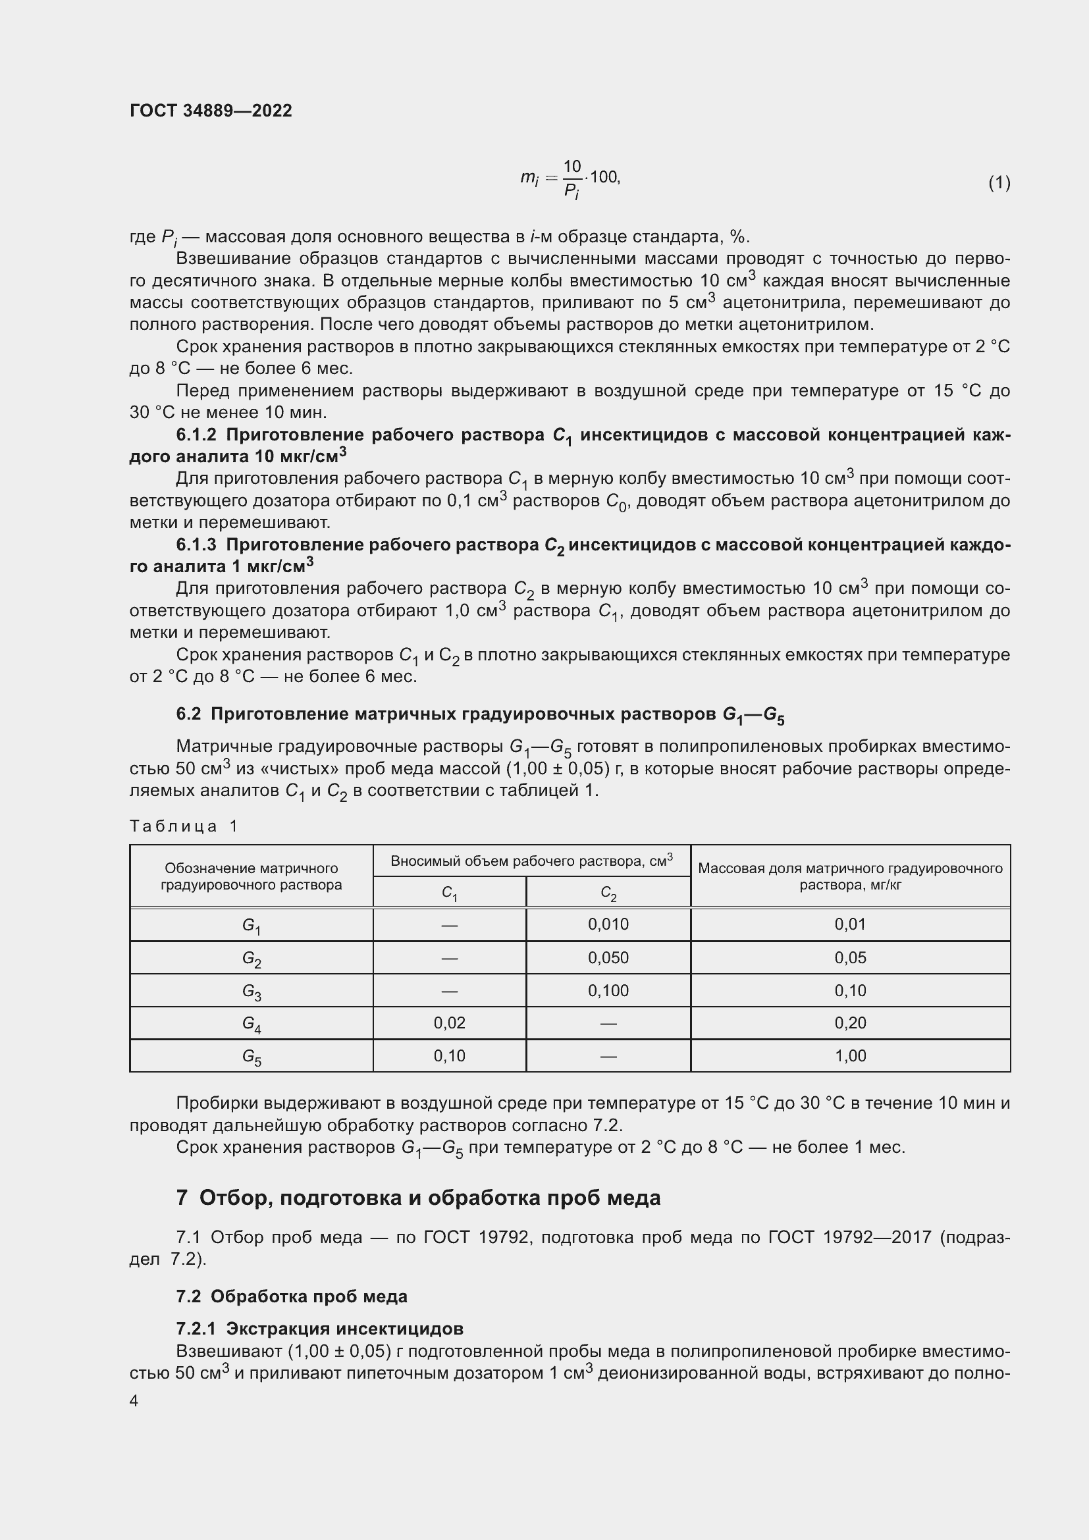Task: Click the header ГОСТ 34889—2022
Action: point(211,111)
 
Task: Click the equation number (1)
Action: point(999,182)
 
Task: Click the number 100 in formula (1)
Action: point(604,177)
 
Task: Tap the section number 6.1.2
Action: point(196,435)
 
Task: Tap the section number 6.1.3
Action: point(196,544)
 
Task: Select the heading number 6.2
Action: point(188,714)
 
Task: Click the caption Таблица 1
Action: point(183,826)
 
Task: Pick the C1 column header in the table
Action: point(449,893)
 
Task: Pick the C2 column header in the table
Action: point(608,893)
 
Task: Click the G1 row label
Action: point(252,926)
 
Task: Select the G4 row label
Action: point(252,1024)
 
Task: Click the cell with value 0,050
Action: point(608,958)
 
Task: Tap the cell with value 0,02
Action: point(449,1023)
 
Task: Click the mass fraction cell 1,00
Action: point(850,1055)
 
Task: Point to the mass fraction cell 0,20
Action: point(850,1023)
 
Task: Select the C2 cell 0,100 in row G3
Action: point(608,991)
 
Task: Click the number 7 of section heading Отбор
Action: point(182,1198)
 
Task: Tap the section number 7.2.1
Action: point(196,1329)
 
